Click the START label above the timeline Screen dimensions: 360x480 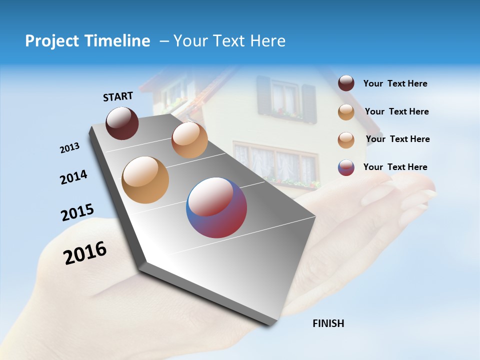coord(118,96)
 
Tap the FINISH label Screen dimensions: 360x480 coord(328,323)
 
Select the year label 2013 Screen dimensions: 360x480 coord(69,148)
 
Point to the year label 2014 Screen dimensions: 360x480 coord(73,177)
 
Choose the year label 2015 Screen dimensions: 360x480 coord(77,212)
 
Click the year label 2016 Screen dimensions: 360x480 coord(85,252)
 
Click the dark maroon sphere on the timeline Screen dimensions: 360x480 coord(122,123)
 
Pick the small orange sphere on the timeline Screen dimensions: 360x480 coord(189,140)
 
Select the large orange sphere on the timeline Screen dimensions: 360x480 coord(145,180)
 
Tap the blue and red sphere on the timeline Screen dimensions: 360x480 coord(216,207)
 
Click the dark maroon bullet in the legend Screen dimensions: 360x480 coord(346,83)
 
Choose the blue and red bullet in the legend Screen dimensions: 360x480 coord(346,167)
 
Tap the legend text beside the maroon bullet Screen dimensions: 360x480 coord(395,83)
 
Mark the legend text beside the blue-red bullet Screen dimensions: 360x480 coord(395,167)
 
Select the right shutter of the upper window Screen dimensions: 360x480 coord(309,103)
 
